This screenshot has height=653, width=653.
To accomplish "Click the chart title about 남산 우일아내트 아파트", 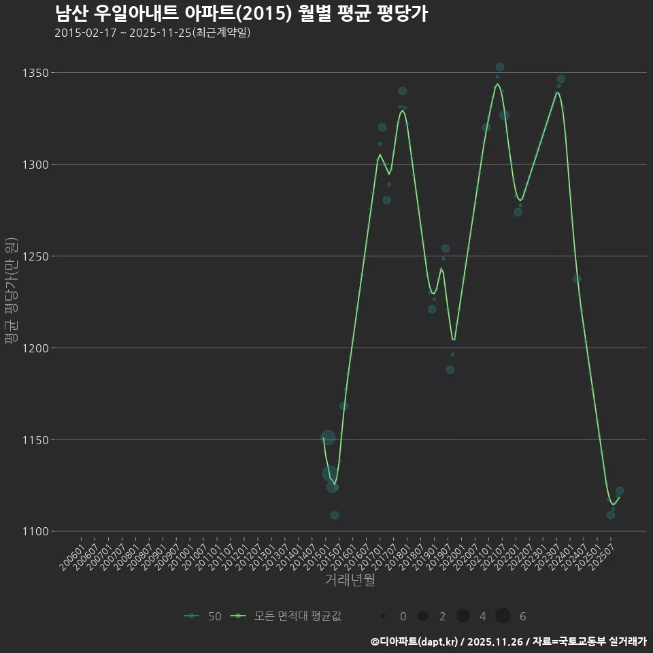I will click(x=241, y=14).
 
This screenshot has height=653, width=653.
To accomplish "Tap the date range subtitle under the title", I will click(x=152, y=33).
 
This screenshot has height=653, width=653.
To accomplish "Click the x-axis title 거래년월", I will click(x=350, y=580).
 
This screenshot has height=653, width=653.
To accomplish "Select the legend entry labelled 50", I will click(x=203, y=616).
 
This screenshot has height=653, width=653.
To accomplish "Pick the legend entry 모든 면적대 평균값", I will click(x=286, y=616).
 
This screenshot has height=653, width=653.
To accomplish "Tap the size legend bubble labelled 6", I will click(x=503, y=616).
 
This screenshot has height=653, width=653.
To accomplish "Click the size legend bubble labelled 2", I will click(x=423, y=616).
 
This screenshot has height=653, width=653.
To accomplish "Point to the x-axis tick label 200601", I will click(x=73, y=552).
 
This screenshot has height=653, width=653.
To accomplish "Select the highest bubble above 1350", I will click(x=500, y=67).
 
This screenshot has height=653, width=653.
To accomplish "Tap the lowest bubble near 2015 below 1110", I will click(x=335, y=515).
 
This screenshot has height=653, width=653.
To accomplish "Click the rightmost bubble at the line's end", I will click(x=620, y=491).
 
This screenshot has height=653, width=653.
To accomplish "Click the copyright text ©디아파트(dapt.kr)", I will click(x=414, y=641).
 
